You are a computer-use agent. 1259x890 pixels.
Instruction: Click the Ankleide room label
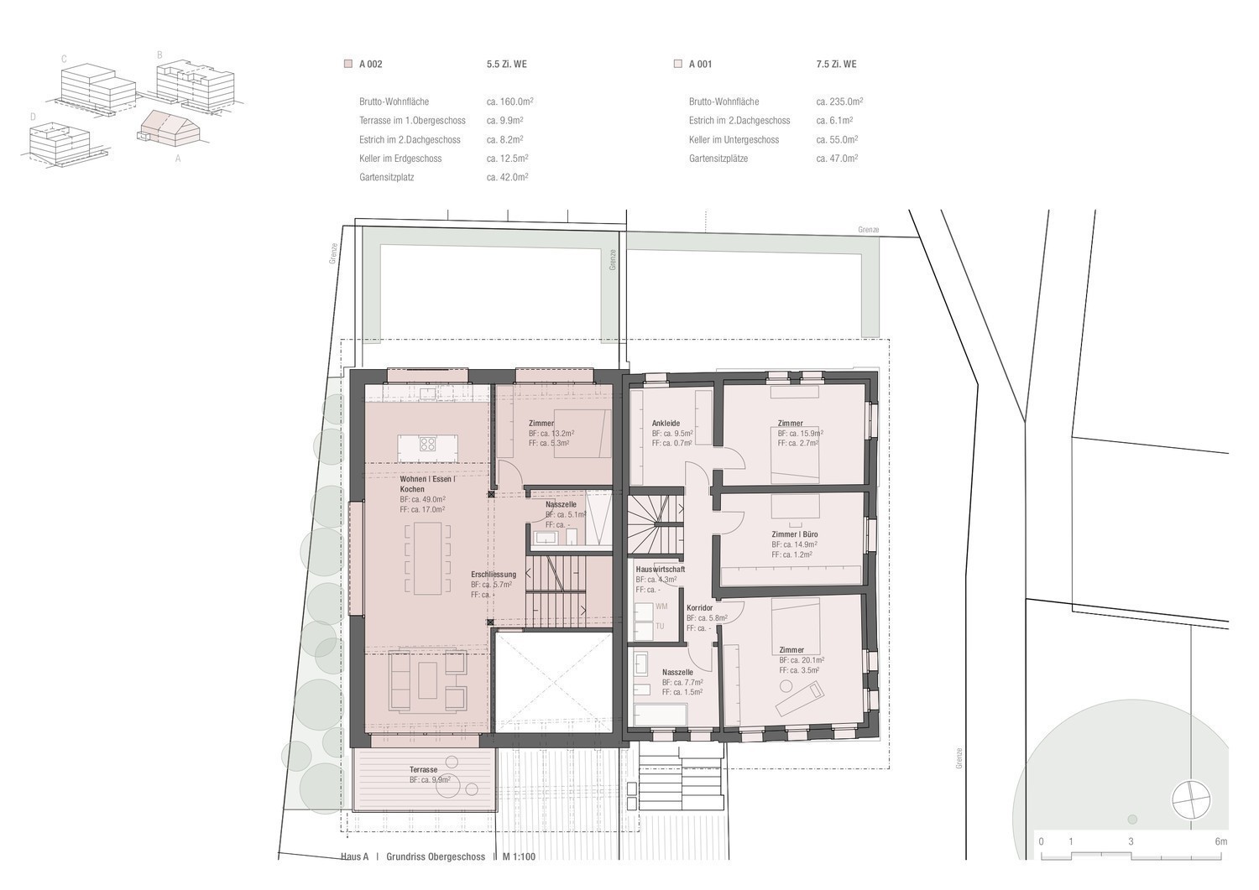[666, 423]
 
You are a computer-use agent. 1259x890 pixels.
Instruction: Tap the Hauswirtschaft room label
[661, 570]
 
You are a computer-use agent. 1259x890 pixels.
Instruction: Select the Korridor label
[700, 608]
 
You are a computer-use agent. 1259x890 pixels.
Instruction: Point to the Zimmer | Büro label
[795, 534]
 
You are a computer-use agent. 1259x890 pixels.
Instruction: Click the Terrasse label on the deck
[423, 770]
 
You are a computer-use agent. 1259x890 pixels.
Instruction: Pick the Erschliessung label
[494, 575]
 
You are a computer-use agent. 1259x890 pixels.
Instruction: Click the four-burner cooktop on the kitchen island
[428, 444]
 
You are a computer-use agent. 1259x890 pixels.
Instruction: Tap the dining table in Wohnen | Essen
[428, 559]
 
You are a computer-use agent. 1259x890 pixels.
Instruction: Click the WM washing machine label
[661, 606]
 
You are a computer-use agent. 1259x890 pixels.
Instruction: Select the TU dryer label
[660, 626]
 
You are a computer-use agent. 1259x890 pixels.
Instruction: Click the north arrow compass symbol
[1190, 799]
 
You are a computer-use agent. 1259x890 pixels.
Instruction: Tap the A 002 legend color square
[348, 64]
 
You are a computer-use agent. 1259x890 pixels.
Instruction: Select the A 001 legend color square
[678, 64]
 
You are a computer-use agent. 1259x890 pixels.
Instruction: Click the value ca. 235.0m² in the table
[839, 101]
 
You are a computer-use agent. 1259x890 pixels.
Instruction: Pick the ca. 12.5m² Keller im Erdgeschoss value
[508, 159]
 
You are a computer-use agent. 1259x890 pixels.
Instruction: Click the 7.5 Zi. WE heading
[836, 64]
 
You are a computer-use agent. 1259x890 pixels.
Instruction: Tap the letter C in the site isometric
[64, 59]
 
